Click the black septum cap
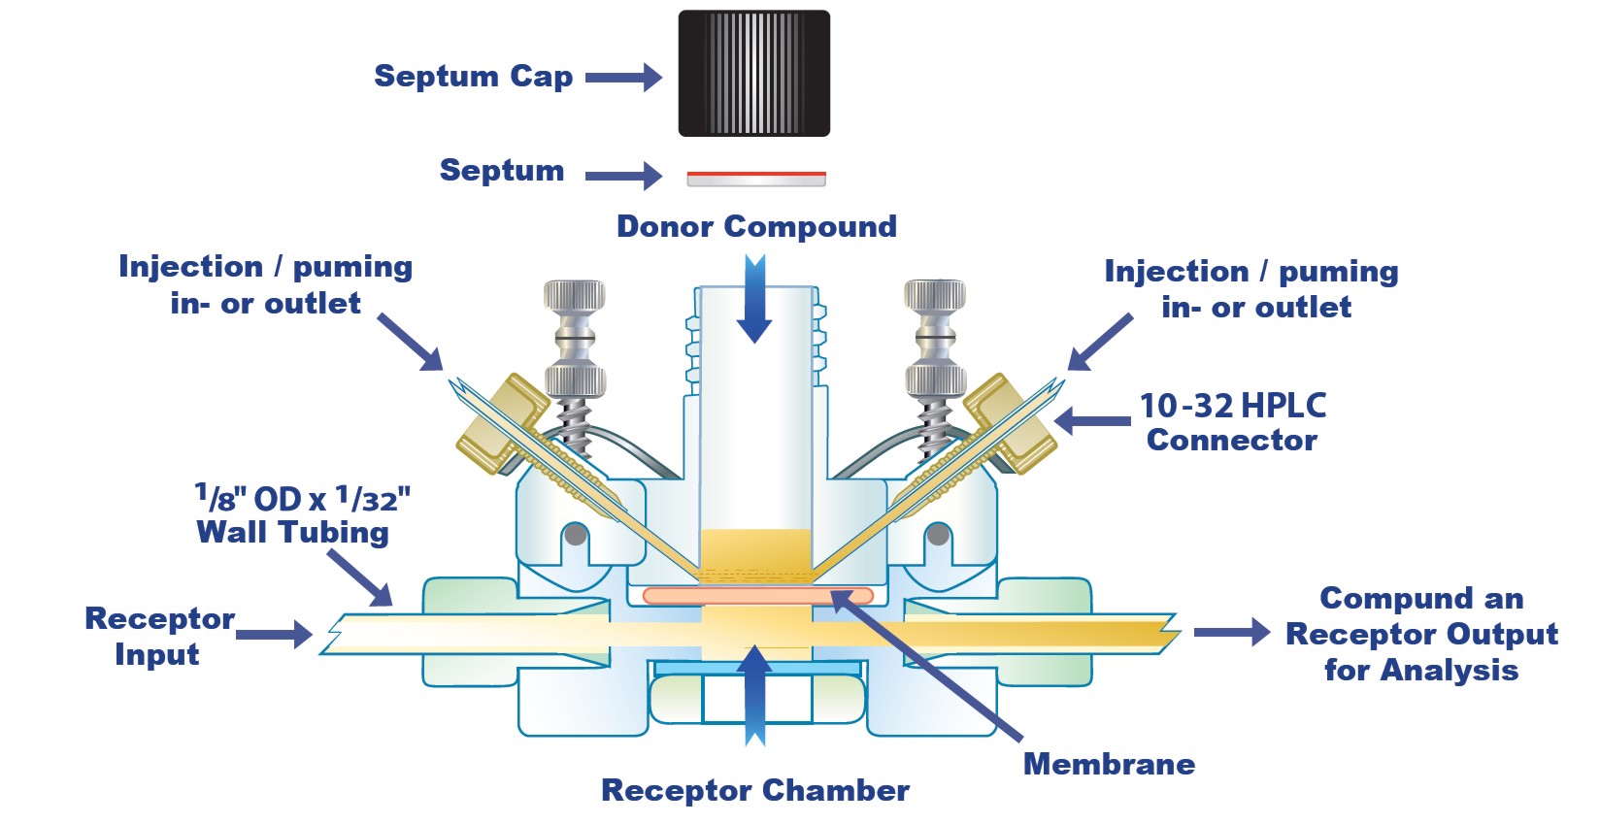tap(753, 73)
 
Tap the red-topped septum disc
tap(755, 178)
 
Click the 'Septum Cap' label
tap(473, 76)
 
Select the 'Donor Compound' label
tap(756, 226)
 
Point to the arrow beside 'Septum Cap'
tap(623, 77)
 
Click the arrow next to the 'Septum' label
tap(623, 176)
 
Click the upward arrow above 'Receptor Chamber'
tap(754, 694)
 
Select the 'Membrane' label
tap(1109, 764)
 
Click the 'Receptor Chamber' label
tap(755, 790)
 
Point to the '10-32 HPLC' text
tap(1232, 405)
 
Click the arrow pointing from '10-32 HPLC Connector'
tap(1092, 421)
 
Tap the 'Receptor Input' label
tap(159, 636)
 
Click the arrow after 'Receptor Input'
tap(274, 635)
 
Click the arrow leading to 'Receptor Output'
tap(1231, 632)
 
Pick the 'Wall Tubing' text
tap(292, 532)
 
